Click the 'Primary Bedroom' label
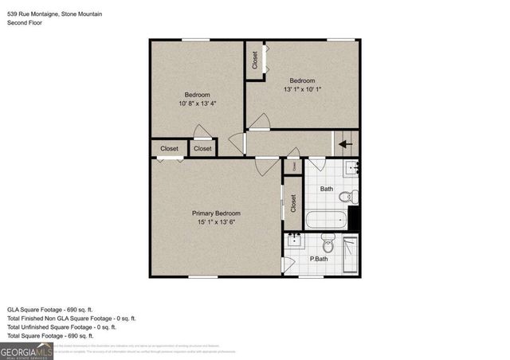point(216,213)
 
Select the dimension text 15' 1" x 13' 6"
point(216,224)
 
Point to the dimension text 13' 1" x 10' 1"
point(302,90)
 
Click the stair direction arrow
point(344,145)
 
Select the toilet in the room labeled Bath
point(345,197)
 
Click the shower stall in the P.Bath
point(351,255)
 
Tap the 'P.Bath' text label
point(319,259)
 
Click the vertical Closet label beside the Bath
point(292,204)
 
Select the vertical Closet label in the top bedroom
point(255,61)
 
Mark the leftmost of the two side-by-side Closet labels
point(169,149)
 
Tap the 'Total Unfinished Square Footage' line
point(61,327)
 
